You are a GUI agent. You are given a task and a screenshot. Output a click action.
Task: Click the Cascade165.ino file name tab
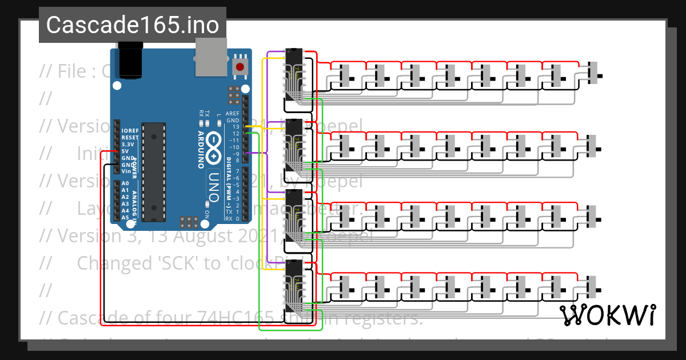pos(132,25)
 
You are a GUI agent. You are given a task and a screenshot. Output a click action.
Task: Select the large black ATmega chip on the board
pos(153,171)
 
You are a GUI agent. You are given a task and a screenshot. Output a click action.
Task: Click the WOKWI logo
pos(607,315)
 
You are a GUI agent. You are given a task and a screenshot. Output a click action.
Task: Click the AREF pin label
pos(233,114)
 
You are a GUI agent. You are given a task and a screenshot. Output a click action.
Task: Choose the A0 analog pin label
pos(125,183)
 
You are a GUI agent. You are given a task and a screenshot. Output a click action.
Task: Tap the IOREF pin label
pos(129,131)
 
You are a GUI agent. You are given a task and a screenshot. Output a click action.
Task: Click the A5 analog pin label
pos(125,217)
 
